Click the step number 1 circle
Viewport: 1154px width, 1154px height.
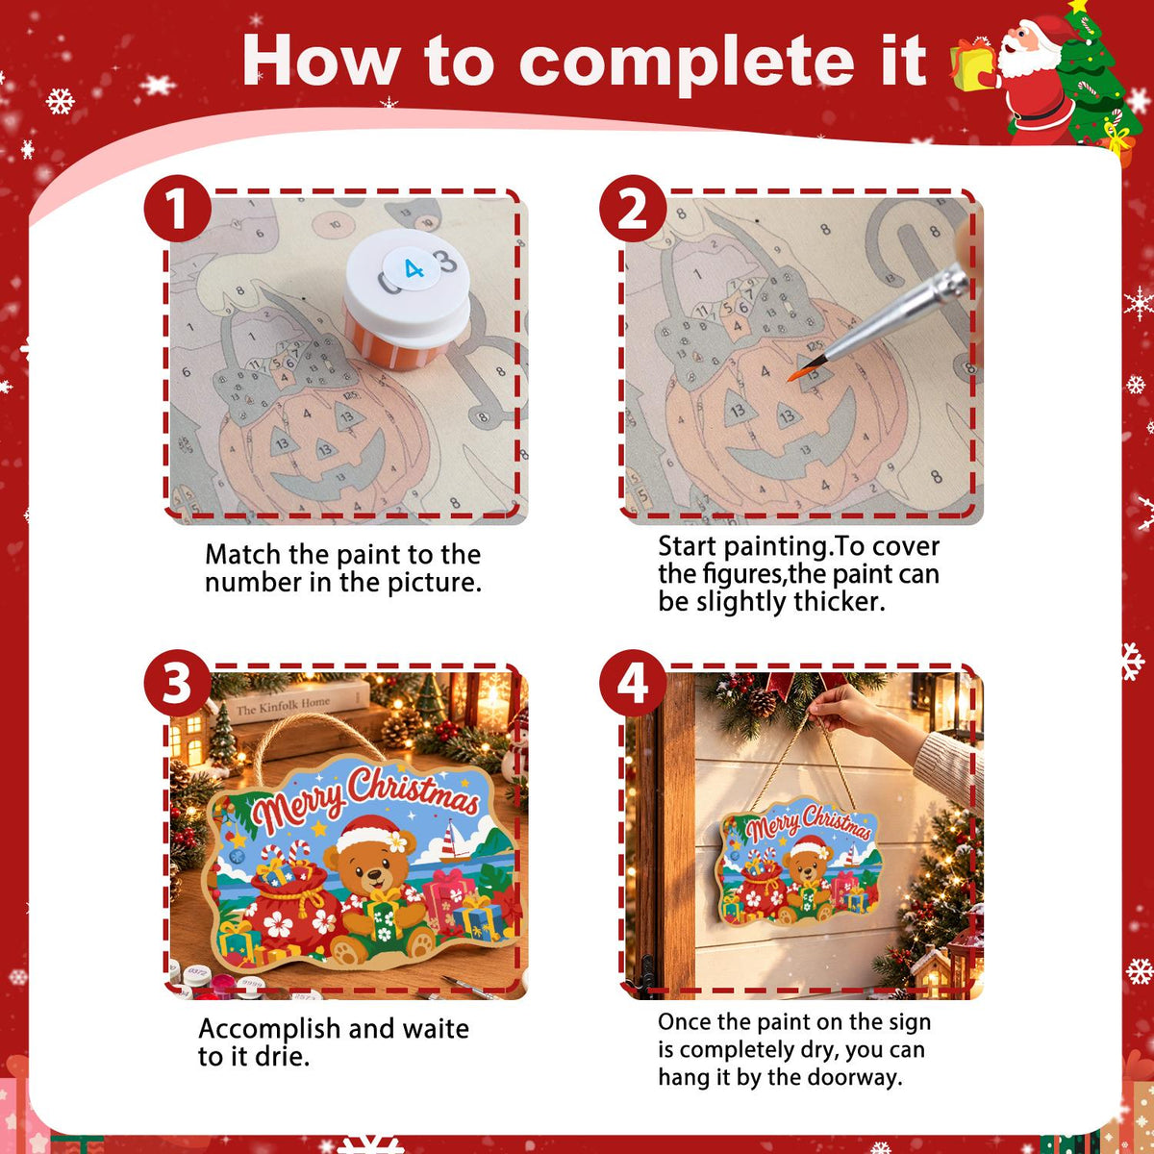[x=177, y=209]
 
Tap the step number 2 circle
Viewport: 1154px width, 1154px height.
[x=633, y=209]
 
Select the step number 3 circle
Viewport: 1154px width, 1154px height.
[x=177, y=683]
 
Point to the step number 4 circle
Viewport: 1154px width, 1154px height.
[x=633, y=683]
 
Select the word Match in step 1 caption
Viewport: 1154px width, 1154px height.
[x=243, y=555]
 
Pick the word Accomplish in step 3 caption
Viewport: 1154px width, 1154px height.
[x=269, y=1030]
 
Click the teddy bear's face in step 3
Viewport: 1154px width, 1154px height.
[x=371, y=869]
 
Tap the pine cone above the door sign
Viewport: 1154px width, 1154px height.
[x=761, y=702]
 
